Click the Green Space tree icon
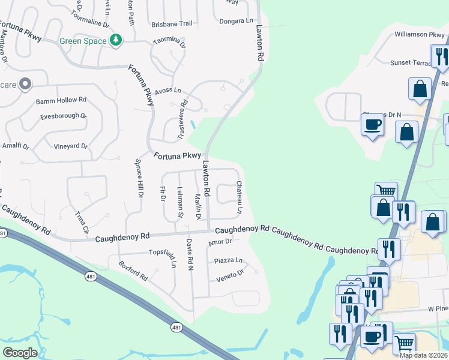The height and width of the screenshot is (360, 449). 116,41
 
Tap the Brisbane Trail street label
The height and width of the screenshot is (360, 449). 172,23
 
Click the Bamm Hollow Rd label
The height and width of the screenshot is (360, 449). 61,100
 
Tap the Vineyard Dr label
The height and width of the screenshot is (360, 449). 71,146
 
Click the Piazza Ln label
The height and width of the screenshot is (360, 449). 228,260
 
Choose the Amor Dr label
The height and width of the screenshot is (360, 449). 220,242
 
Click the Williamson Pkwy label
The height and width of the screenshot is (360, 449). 419,35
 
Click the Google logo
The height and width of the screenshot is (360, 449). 20,353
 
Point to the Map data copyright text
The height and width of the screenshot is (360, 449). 423,355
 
